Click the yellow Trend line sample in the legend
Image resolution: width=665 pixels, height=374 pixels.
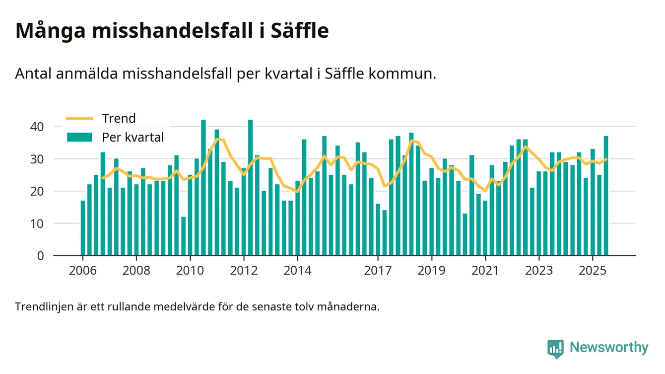click(x=79, y=119)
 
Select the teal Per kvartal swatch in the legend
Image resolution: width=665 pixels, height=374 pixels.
click(x=79, y=137)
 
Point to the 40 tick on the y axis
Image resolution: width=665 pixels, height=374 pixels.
click(x=38, y=127)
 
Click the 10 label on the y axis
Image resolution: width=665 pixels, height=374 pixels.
click(x=38, y=224)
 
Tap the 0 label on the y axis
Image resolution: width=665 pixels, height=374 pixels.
click(x=41, y=256)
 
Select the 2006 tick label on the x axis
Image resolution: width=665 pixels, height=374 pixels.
click(x=82, y=271)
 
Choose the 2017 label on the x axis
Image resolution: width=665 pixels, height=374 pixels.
click(x=378, y=271)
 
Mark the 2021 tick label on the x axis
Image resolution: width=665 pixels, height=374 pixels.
click(x=485, y=271)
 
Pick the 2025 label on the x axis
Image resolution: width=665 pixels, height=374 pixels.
click(x=592, y=271)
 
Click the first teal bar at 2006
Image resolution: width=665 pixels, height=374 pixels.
click(x=83, y=228)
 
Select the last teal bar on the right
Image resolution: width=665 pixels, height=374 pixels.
click(x=606, y=196)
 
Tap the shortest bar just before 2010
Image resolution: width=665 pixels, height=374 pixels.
click(x=184, y=236)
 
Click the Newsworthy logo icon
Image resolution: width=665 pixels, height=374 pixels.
click(x=555, y=348)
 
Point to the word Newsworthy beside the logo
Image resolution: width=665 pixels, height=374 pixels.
click(x=609, y=348)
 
